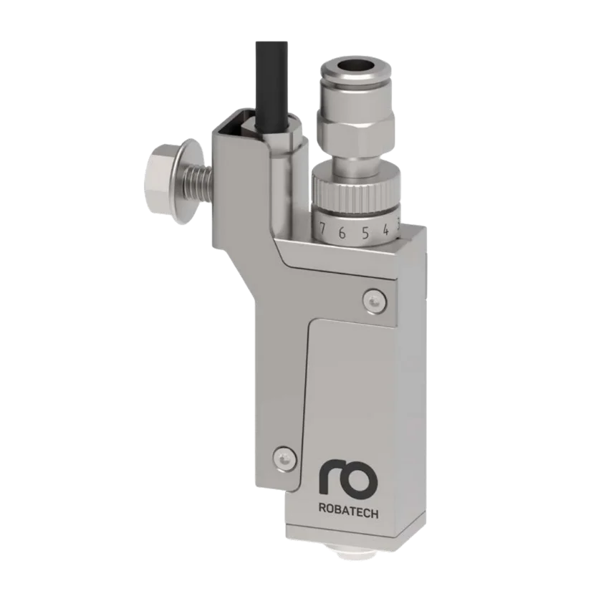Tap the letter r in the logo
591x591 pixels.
[330, 478]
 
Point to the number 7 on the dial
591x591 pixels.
[323, 231]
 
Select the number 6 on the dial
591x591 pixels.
[342, 232]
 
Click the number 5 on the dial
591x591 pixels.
[365, 232]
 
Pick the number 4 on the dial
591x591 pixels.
[385, 231]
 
